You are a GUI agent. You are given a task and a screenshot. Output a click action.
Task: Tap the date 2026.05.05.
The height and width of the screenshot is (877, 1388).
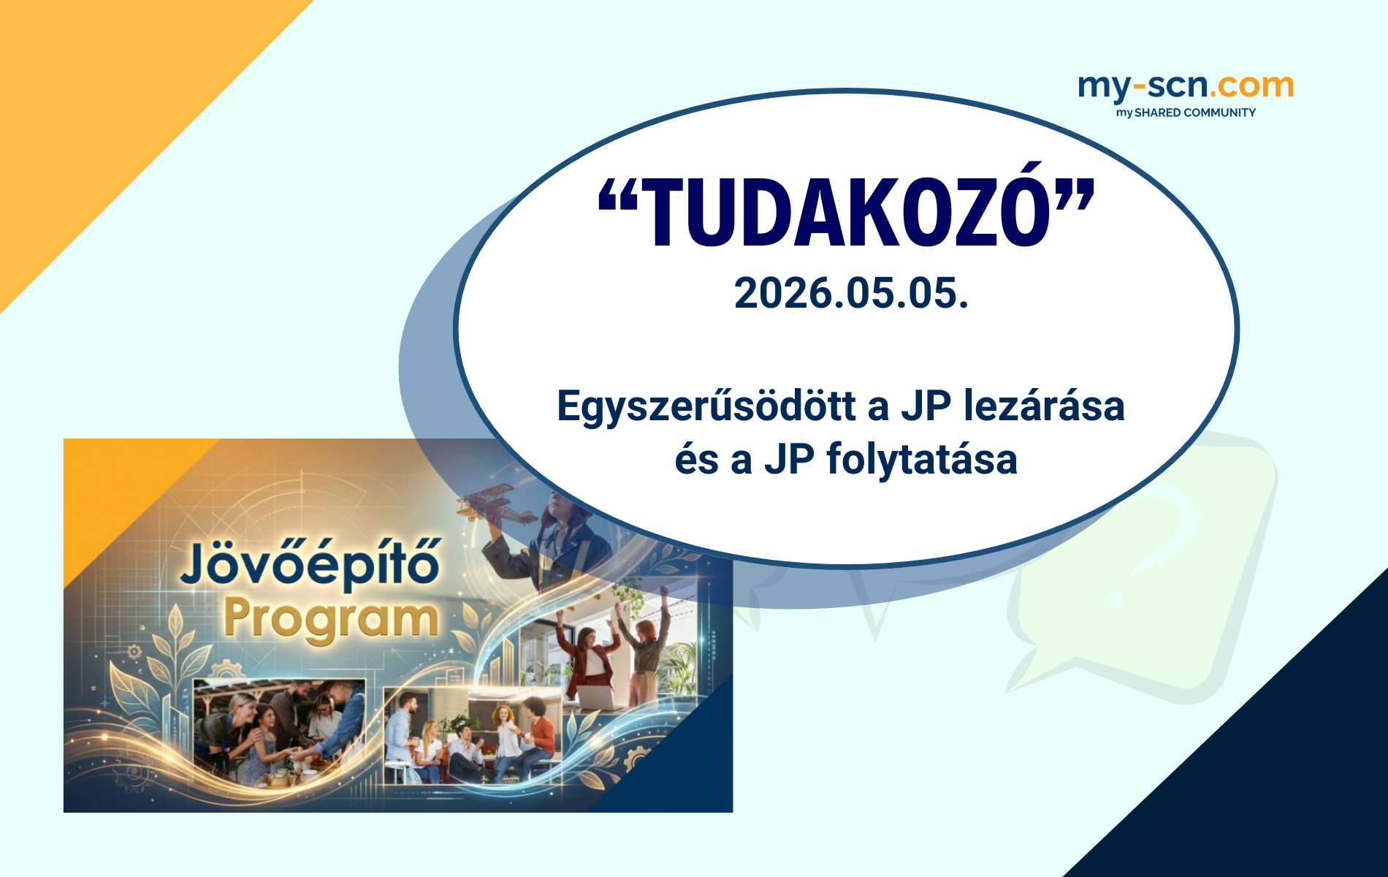tap(851, 294)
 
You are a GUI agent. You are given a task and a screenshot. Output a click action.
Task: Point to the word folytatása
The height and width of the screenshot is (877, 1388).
tap(922, 460)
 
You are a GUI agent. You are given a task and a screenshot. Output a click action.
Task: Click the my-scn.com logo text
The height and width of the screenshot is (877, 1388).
tap(1185, 86)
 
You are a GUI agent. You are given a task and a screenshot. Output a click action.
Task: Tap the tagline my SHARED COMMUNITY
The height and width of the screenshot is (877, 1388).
tap(1185, 113)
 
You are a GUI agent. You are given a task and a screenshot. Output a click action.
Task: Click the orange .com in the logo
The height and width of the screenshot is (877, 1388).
tap(1251, 86)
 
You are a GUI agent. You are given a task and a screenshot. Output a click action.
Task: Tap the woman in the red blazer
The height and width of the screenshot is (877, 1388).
tap(589, 658)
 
